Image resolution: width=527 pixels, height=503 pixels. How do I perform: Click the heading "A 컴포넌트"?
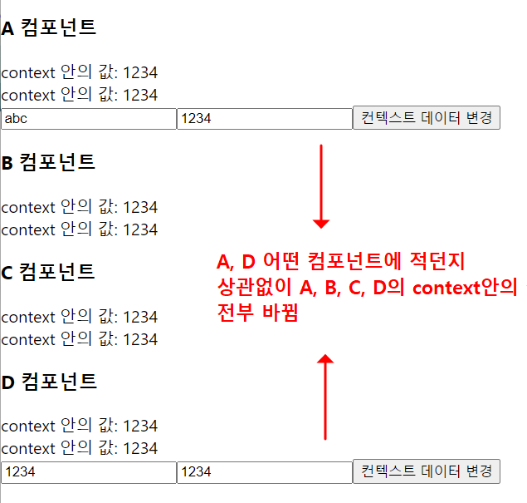[49, 27]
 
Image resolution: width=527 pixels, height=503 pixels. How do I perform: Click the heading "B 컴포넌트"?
[48, 161]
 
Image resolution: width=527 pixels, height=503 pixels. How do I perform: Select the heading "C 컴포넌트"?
[48, 271]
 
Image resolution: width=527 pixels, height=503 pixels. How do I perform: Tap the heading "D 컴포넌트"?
[49, 382]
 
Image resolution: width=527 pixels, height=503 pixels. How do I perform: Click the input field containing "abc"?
[88, 119]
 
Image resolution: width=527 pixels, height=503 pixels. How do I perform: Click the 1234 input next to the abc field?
[265, 119]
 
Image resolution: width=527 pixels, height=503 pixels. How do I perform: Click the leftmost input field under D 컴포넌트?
[88, 472]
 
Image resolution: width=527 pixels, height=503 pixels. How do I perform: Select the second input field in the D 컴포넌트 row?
[265, 472]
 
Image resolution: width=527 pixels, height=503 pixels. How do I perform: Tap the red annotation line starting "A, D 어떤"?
[340, 262]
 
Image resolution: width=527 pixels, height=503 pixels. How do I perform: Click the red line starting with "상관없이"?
[365, 288]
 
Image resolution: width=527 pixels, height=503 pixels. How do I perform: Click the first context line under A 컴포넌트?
[79, 72]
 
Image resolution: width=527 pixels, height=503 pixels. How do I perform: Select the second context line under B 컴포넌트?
[79, 229]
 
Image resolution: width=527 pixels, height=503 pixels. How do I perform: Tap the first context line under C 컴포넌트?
[79, 317]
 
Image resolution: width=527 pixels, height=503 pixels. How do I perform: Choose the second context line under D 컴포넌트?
[79, 449]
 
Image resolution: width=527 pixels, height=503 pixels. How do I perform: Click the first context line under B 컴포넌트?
[79, 207]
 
